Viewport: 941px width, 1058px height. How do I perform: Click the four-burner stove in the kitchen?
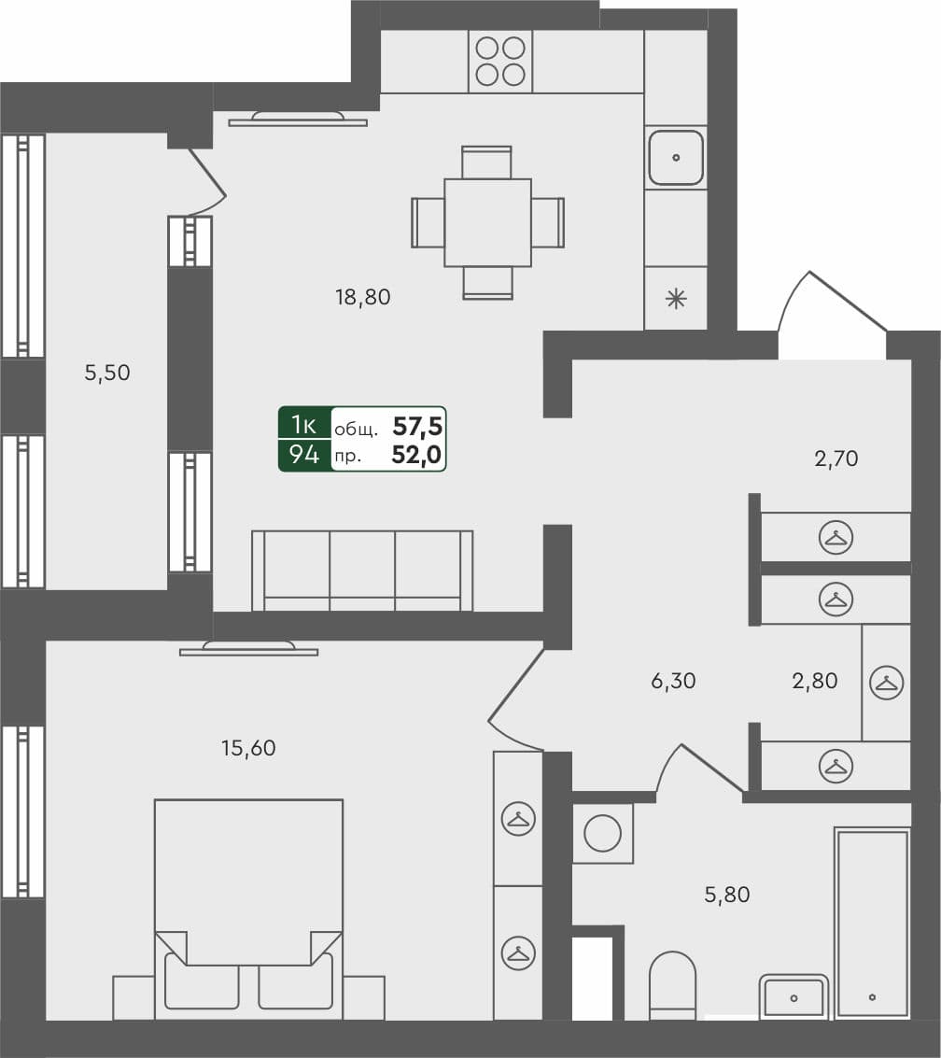click(500, 61)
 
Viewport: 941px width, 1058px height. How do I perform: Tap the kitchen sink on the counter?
click(675, 158)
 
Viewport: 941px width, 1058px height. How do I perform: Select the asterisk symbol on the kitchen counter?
click(675, 300)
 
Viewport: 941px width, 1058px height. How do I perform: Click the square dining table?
click(487, 222)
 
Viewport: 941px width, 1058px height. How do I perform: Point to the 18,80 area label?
click(362, 298)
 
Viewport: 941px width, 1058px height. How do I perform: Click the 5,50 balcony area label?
click(107, 373)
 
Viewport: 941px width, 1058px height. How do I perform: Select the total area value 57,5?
click(417, 427)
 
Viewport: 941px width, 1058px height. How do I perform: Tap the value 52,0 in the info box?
click(417, 456)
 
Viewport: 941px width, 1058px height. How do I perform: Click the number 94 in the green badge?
click(304, 456)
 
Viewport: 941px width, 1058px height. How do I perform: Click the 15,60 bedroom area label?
click(249, 747)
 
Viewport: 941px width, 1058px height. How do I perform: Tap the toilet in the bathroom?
click(672, 985)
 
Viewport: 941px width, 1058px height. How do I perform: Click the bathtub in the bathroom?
click(872, 922)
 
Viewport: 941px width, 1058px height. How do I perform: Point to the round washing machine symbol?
click(602, 832)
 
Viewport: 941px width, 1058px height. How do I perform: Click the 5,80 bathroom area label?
click(726, 895)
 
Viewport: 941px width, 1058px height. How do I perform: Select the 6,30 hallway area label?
click(673, 681)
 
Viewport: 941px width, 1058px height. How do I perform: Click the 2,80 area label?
click(814, 681)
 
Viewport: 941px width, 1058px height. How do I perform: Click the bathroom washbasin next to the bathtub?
click(794, 996)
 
